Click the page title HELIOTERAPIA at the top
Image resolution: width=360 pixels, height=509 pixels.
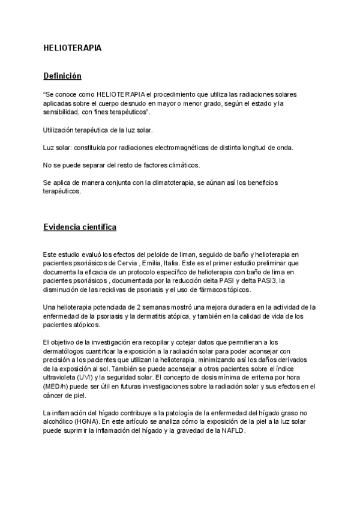pyautogui.click(x=73, y=47)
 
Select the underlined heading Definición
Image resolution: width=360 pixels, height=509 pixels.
pyautogui.click(x=62, y=76)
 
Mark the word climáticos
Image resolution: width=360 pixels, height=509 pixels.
pyautogui.click(x=181, y=165)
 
